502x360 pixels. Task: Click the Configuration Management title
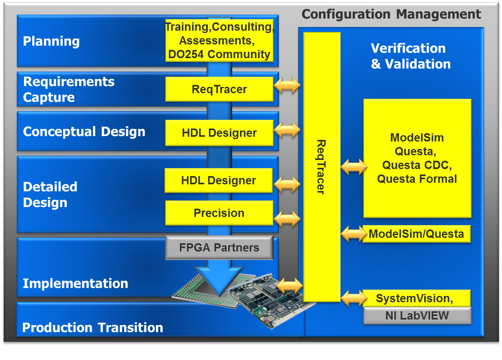[391, 14]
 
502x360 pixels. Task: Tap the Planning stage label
[51, 41]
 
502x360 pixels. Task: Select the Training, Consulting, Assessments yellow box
[220, 40]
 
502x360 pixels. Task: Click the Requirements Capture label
[69, 89]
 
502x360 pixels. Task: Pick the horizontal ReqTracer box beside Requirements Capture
[220, 89]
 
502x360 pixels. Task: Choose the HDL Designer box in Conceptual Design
[220, 133]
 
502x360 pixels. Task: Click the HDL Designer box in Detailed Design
[219, 180]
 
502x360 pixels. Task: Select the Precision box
[220, 213]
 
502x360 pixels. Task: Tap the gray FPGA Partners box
[220, 248]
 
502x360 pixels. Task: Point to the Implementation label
[75, 284]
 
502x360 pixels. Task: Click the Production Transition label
[93, 327]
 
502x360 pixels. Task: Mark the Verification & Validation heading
[410, 56]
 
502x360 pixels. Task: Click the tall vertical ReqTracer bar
[322, 167]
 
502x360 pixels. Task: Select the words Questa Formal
[417, 179]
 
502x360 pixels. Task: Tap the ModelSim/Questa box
[416, 234]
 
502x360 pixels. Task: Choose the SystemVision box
[416, 298]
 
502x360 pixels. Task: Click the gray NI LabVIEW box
[417, 316]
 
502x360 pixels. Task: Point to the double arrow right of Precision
[287, 219]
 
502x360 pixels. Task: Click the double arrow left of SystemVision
[354, 298]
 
